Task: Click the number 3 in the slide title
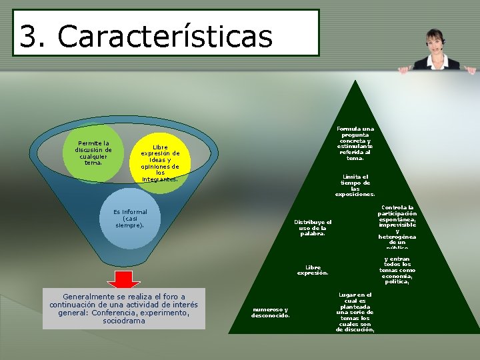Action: tap(29, 36)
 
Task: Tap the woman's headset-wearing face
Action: tap(435, 41)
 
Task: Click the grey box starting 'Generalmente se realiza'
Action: tap(124, 308)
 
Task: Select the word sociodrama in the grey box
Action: tap(124, 321)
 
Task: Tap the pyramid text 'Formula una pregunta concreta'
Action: tap(355, 143)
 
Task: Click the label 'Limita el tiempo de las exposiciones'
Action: tap(355, 185)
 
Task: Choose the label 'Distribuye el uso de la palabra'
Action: tap(313, 227)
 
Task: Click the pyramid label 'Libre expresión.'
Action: tap(313, 270)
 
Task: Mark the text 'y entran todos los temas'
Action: tap(397, 270)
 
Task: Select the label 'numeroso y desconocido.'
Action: tap(270, 312)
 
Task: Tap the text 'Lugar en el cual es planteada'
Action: tap(355, 312)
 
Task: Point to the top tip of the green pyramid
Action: tap(356, 82)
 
